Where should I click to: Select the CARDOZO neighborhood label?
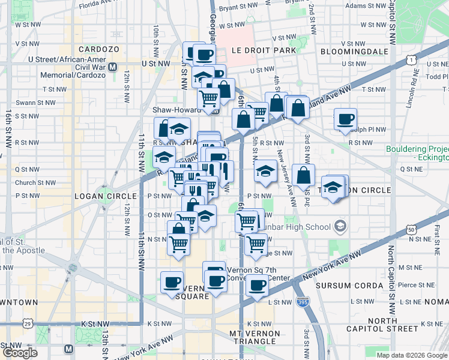coord(98,49)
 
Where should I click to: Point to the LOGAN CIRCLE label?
coord(99,196)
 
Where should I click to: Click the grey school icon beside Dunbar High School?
coord(340,226)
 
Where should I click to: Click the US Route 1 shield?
coord(411,60)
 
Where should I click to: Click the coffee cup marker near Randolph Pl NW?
coord(345,119)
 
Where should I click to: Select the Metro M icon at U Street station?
coord(113,62)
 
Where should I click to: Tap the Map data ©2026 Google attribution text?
coord(411,355)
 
